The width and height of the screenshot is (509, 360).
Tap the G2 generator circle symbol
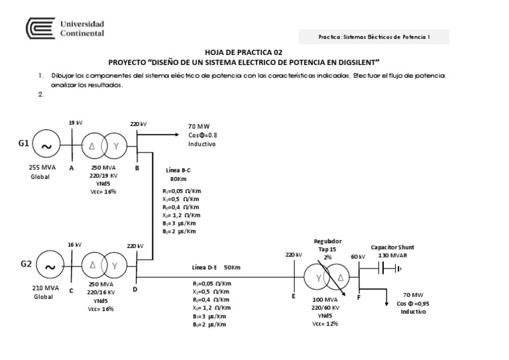coord(49,267)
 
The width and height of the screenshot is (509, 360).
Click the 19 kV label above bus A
coord(76,123)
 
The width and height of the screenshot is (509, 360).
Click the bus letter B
coord(137,168)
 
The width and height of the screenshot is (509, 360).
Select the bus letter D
coord(135,289)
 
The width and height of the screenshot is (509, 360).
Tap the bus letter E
coord(293,296)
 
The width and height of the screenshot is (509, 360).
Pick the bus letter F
coord(359,297)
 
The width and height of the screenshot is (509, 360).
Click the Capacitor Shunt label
coord(392,246)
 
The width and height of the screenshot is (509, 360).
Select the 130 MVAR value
coord(392,255)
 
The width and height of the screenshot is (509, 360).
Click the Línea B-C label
coord(178,170)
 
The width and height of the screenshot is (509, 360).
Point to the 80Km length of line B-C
coord(178,179)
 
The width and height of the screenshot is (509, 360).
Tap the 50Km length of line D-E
coord(232,267)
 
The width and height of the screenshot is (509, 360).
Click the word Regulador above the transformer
coord(327,241)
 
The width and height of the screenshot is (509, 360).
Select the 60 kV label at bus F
coord(358,256)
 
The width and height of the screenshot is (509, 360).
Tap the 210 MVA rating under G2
coord(46,289)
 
